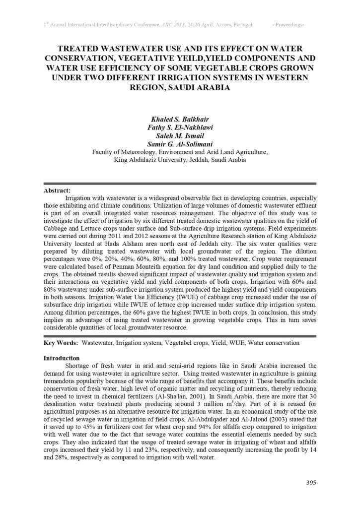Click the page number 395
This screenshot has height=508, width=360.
click(x=311, y=483)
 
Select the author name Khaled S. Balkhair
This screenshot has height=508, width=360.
click(x=180, y=120)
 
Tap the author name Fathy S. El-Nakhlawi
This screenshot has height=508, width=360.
click(x=180, y=128)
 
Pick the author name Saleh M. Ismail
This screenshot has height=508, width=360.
click(x=180, y=136)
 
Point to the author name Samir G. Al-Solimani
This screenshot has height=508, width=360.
click(x=180, y=144)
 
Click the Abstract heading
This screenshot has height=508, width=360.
click(x=57, y=190)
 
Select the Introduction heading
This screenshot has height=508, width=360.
click(x=62, y=358)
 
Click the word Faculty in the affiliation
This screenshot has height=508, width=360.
click(x=103, y=152)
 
